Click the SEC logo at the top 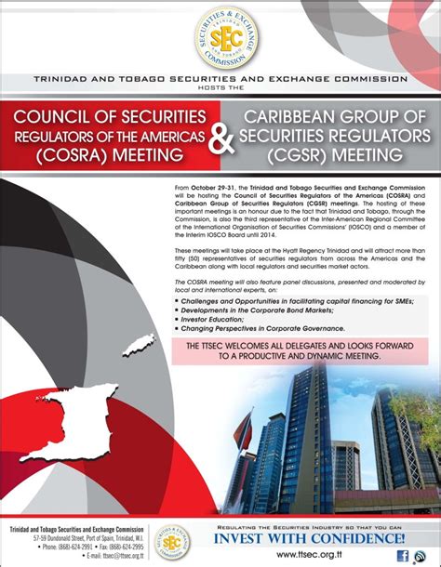[220, 36]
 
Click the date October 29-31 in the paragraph [228, 188]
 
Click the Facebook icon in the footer [403, 555]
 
